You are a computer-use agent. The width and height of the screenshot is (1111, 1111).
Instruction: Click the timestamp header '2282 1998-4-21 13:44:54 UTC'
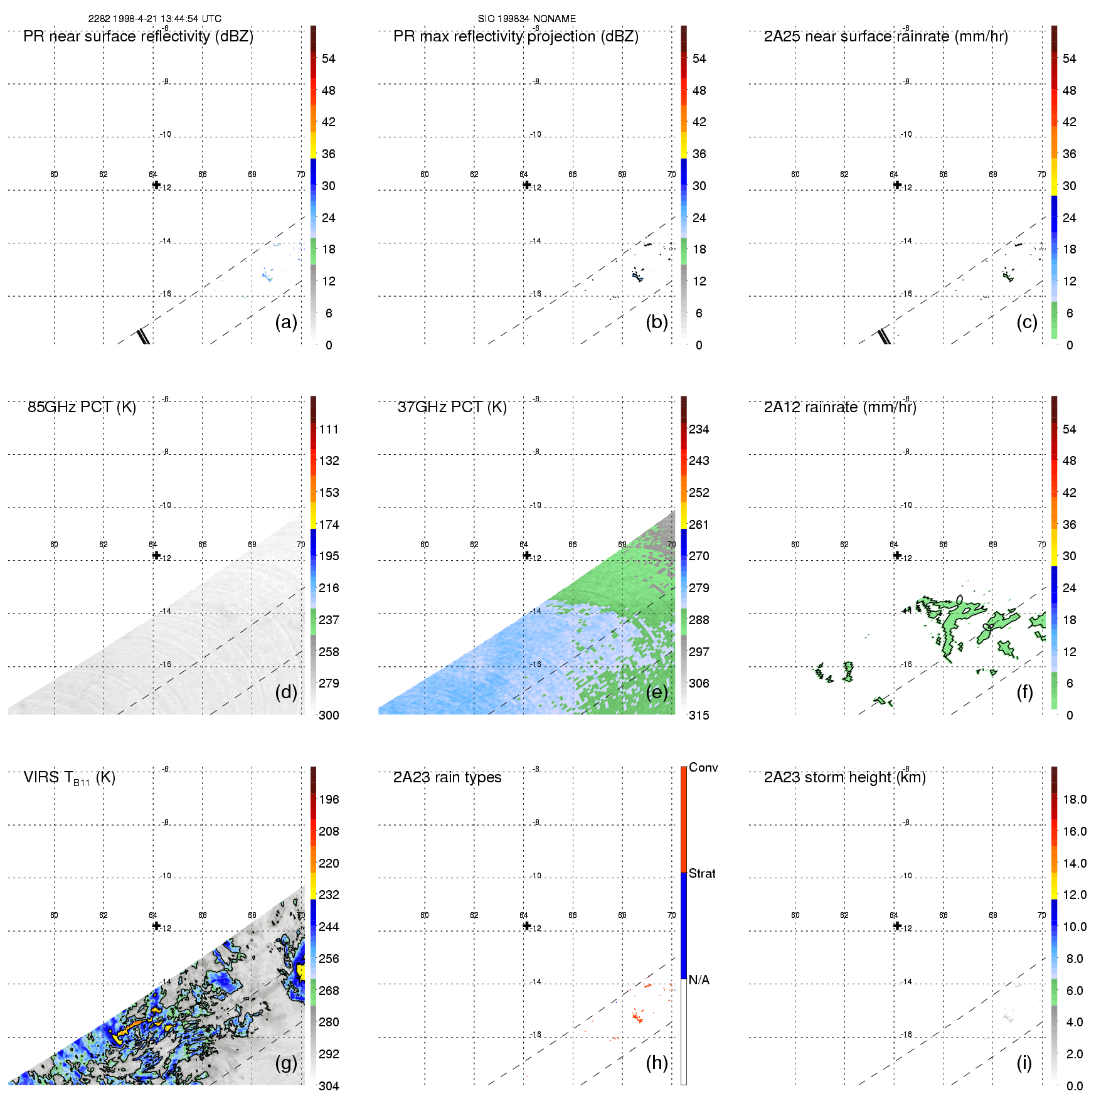pyautogui.click(x=154, y=19)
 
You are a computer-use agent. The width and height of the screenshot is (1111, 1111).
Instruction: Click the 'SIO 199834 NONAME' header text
pyautogui.click(x=526, y=19)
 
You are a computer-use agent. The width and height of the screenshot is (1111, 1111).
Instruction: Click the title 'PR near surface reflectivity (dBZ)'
pyautogui.click(x=138, y=36)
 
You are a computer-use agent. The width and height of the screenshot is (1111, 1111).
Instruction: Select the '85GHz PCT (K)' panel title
pyautogui.click(x=82, y=407)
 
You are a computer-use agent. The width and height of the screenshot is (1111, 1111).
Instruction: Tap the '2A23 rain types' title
pyautogui.click(x=447, y=777)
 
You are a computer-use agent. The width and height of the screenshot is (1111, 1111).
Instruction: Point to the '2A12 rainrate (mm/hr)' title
pyautogui.click(x=839, y=407)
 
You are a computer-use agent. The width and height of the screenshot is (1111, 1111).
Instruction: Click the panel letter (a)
pyautogui.click(x=285, y=322)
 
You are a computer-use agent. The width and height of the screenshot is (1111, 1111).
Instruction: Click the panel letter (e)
pyautogui.click(x=656, y=693)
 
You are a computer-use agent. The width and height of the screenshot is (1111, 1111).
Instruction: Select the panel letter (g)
pyautogui.click(x=285, y=1063)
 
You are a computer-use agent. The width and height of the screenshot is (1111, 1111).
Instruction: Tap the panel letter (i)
pyautogui.click(x=1024, y=1063)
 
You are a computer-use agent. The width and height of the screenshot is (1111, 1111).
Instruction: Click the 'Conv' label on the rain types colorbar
pyautogui.click(x=703, y=767)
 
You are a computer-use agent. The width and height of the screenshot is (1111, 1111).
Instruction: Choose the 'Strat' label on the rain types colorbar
pyautogui.click(x=702, y=873)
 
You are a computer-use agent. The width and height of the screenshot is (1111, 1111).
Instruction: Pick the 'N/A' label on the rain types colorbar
pyautogui.click(x=699, y=980)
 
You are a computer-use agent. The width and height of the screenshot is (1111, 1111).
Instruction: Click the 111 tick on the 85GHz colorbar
pyautogui.click(x=329, y=430)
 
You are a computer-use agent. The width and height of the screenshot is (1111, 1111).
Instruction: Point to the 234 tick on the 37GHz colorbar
pyautogui.click(x=699, y=430)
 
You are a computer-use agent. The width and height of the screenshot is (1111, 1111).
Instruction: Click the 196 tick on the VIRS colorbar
pyautogui.click(x=329, y=800)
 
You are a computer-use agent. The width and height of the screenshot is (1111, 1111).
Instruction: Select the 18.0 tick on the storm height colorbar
pyautogui.click(x=1074, y=800)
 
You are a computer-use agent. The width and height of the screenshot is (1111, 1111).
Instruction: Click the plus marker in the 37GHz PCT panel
pyautogui.click(x=527, y=555)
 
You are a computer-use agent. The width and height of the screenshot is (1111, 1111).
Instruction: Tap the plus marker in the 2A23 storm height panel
pyautogui.click(x=897, y=925)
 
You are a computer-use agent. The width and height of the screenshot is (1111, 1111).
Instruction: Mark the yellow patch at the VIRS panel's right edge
pyautogui.click(x=302, y=972)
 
